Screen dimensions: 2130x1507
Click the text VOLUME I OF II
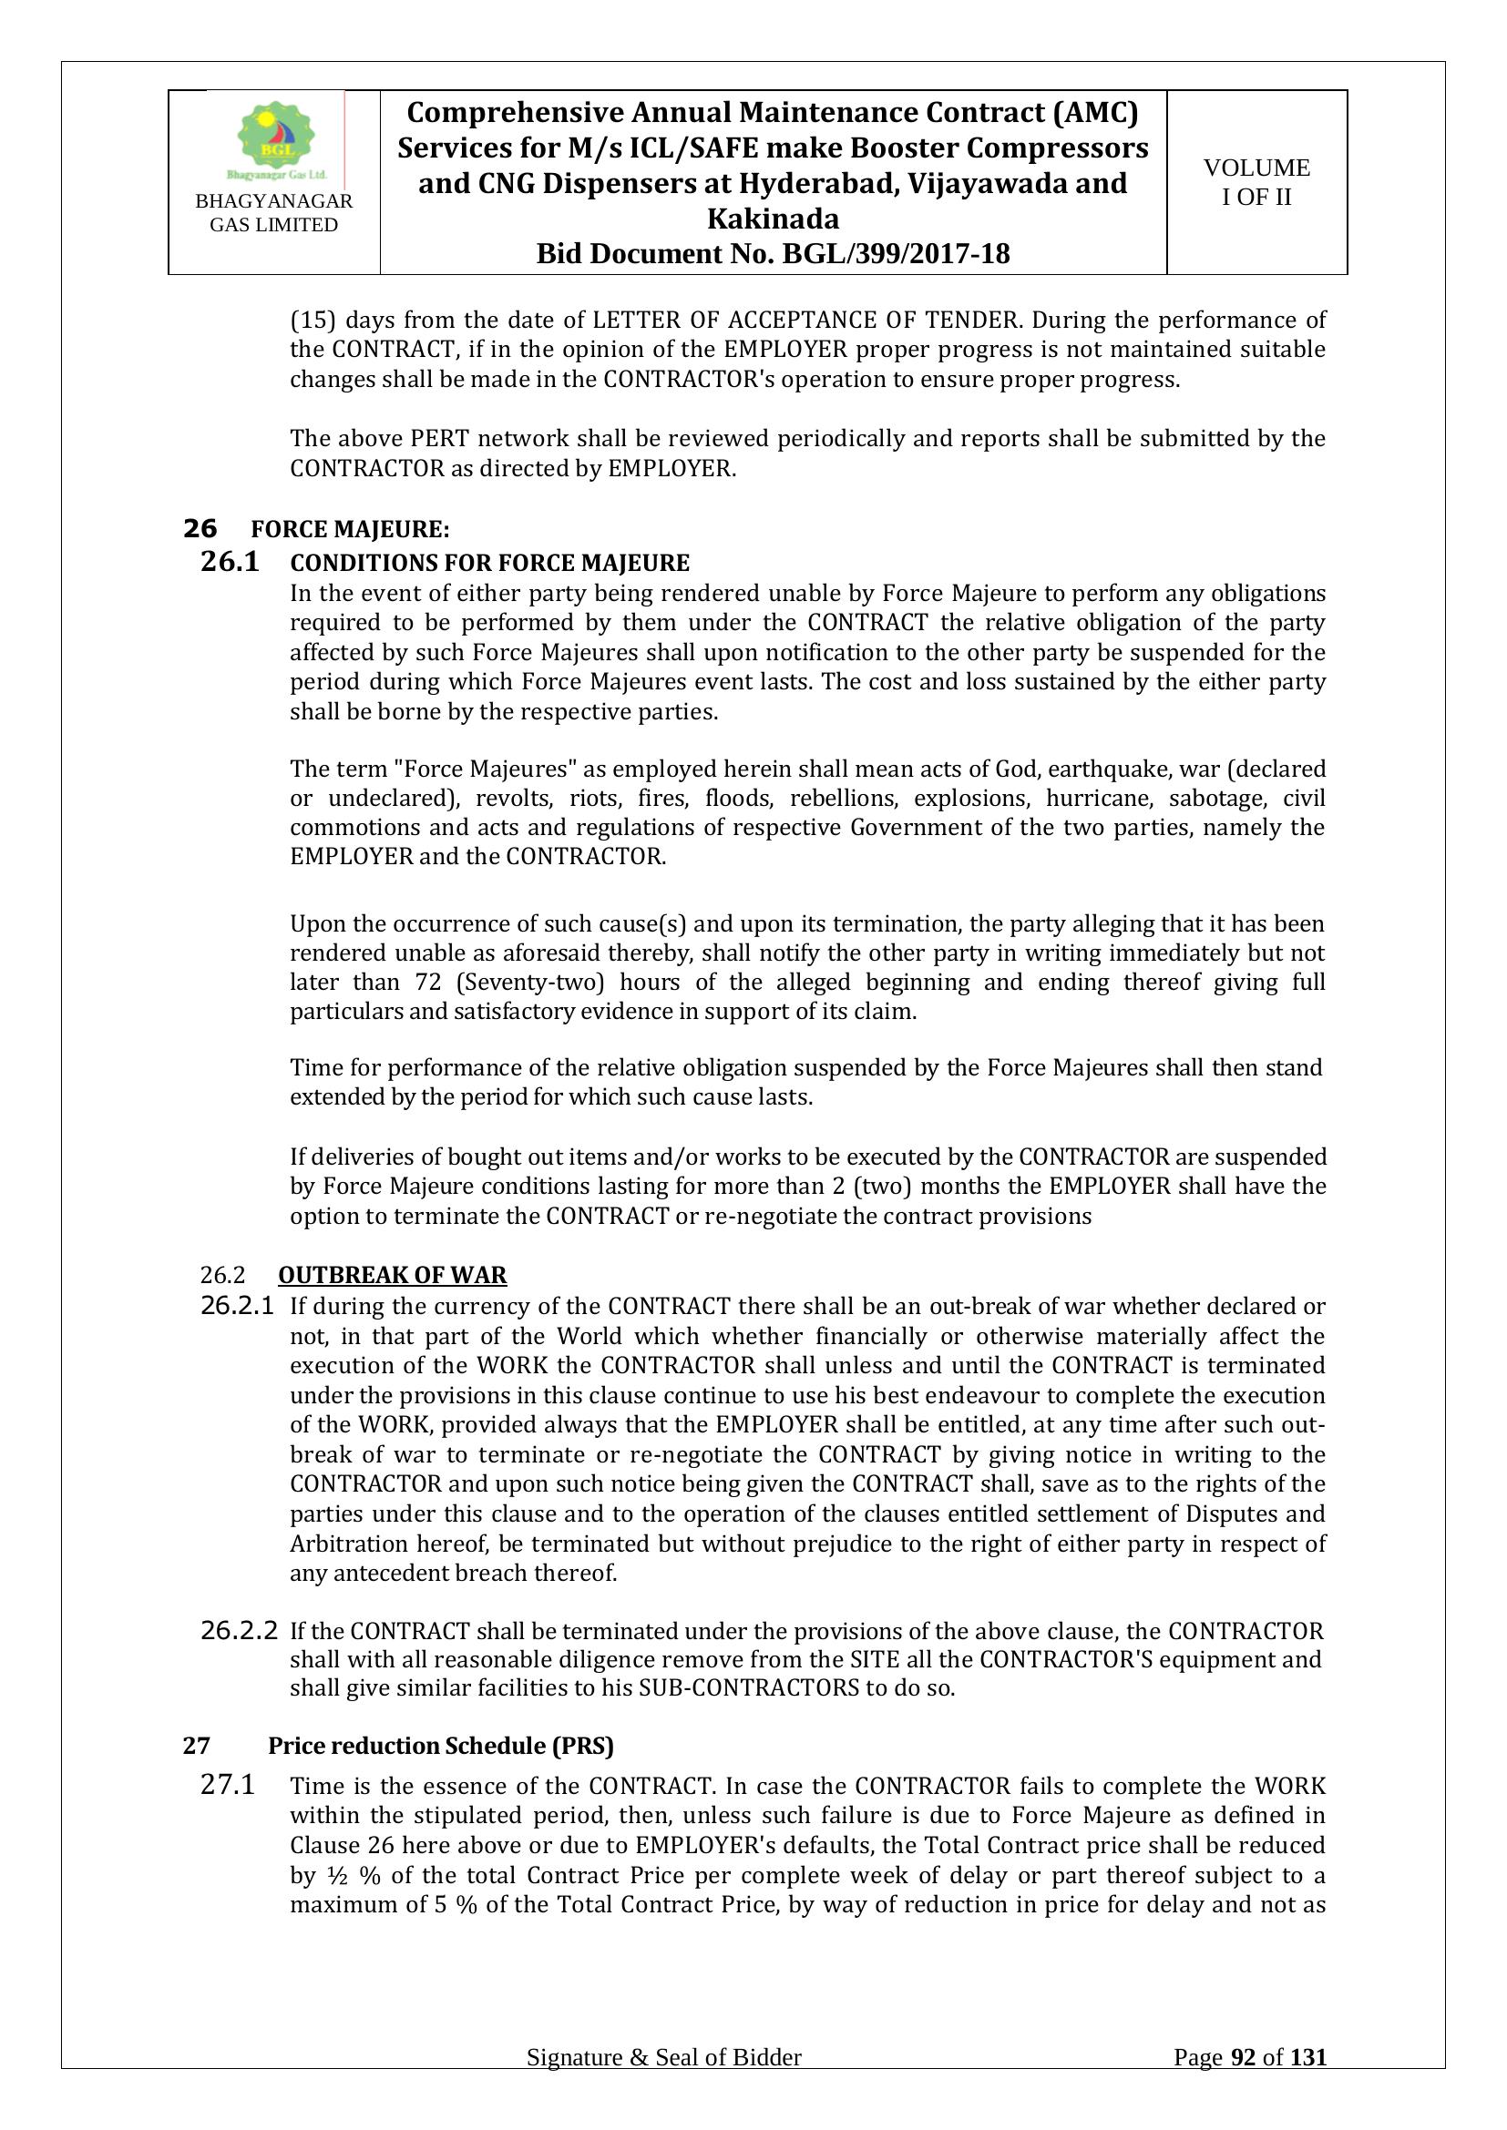pos(1256,182)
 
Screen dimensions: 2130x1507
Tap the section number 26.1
pos(231,562)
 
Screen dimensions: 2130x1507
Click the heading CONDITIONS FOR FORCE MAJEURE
pos(490,563)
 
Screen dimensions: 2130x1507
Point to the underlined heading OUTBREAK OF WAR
pos(393,1275)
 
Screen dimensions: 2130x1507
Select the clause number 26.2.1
pos(238,1306)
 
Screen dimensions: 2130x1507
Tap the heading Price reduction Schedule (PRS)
pos(441,1745)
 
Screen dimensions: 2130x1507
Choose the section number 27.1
pos(228,1786)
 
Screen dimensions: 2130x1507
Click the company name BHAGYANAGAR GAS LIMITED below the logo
pos(273,212)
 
